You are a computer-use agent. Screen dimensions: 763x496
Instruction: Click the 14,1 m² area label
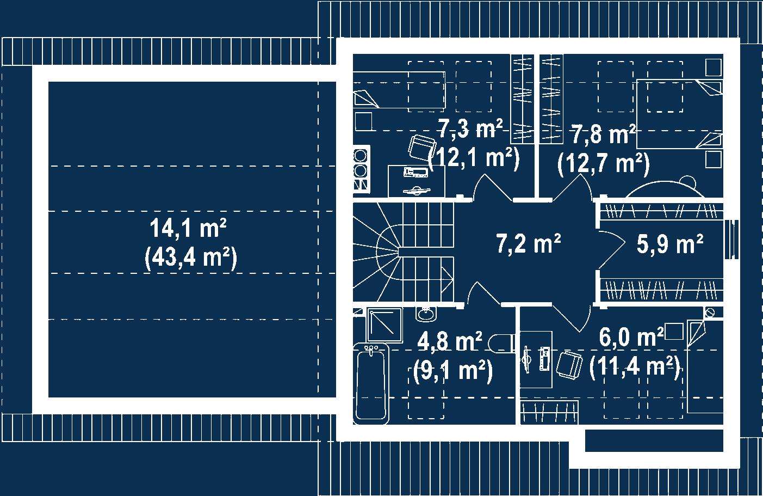click(188, 228)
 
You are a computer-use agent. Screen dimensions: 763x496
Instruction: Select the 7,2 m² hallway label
click(529, 243)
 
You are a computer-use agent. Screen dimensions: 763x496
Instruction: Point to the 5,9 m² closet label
click(670, 243)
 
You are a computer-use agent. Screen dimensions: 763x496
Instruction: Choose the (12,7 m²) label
click(604, 164)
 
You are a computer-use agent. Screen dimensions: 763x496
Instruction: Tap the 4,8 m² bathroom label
click(450, 341)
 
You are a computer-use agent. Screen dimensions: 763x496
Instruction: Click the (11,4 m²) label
click(635, 368)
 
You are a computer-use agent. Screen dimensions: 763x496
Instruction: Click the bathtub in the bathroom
click(371, 384)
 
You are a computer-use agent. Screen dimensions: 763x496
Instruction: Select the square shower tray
click(384, 324)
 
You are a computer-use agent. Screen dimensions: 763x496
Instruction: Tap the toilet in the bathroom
click(501, 343)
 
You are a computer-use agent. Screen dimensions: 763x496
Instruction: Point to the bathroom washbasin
click(426, 314)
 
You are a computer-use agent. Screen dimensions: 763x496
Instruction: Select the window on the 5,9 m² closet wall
click(731, 244)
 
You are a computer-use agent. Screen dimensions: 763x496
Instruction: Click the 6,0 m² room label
click(631, 337)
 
